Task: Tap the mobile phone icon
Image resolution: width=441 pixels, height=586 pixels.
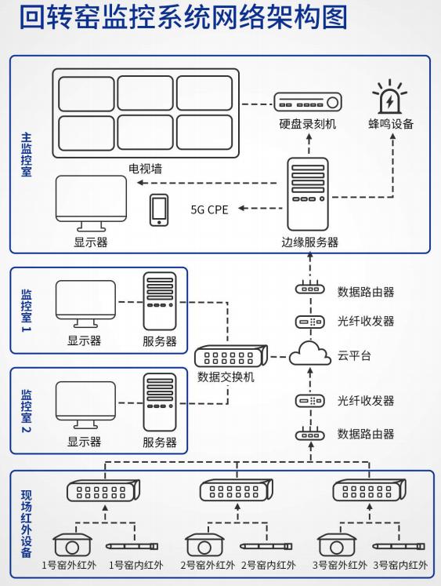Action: coord(159,210)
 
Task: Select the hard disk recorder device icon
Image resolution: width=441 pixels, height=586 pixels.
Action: coord(308,102)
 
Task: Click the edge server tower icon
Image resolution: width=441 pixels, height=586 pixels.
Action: coord(308,194)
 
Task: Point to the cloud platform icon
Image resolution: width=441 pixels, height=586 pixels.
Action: coord(310,354)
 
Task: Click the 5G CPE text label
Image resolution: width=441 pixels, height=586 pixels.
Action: coord(209,209)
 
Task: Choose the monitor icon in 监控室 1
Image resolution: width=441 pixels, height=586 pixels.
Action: coord(85,304)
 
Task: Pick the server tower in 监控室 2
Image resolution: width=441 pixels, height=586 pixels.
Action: coord(160,403)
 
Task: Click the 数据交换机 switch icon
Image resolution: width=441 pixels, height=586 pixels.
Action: coord(231,356)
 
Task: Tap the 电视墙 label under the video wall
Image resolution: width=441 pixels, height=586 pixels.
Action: coord(145,169)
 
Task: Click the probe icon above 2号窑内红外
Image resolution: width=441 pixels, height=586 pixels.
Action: coord(266,546)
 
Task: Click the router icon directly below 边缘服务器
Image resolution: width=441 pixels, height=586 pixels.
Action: coord(310,288)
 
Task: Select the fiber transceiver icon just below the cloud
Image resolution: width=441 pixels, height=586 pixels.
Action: coord(310,401)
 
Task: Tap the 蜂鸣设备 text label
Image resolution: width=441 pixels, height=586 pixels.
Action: coord(391,124)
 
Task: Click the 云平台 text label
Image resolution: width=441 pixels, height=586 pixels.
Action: coord(354,355)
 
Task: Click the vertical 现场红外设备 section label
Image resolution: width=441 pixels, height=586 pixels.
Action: coord(27,524)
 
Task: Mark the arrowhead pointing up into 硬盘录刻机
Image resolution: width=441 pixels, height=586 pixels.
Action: coord(309,137)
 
